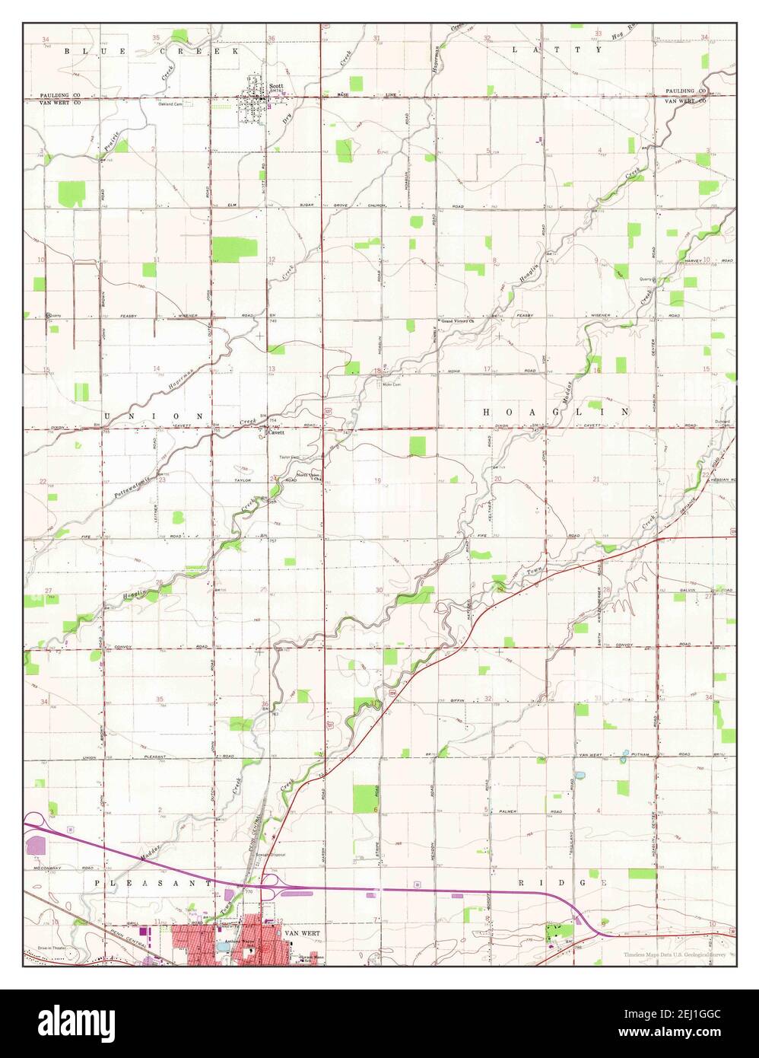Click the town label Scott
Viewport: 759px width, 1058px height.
275,86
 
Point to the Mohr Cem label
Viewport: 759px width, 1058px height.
391,384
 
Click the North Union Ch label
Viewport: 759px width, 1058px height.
309,477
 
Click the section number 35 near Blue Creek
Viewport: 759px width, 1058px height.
156,37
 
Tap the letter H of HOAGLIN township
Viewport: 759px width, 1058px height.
486,411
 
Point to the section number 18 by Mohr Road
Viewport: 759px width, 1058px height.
378,370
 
